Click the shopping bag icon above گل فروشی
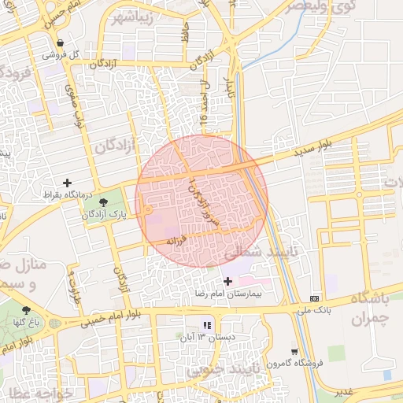[x=61, y=43]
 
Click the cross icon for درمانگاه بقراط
[x=67, y=183]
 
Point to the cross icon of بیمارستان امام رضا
[x=228, y=281]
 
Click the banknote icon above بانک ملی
[x=315, y=299]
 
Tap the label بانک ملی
[x=314, y=310]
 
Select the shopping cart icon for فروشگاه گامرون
[x=294, y=352]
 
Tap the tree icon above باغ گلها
[x=26, y=310]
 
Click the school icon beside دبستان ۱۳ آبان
[x=207, y=325]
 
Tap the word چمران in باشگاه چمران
[x=369, y=318]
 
